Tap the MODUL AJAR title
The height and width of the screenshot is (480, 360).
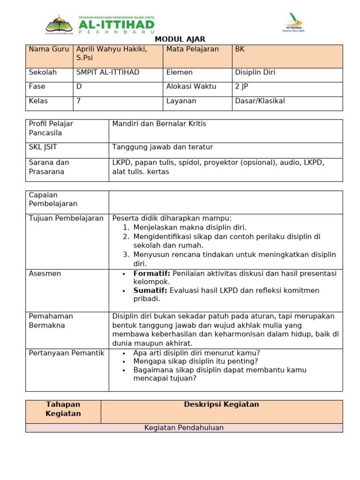coord(180,39)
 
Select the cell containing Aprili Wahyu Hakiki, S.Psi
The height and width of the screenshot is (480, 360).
coord(111,53)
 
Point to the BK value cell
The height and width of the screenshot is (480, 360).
coord(240,49)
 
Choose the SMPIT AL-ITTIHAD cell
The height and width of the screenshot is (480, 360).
coord(107,73)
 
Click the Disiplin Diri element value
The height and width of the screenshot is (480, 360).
coord(255,73)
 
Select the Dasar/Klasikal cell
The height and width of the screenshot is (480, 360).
coord(260,101)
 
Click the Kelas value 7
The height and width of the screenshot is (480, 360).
coord(78,101)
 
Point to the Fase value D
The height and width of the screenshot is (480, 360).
coord(79,87)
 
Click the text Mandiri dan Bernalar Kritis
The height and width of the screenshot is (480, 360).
coord(159,124)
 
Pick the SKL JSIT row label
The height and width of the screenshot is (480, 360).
coord(43,148)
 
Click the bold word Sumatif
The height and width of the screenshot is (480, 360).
coord(151,291)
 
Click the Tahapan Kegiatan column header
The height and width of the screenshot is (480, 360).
coord(63,409)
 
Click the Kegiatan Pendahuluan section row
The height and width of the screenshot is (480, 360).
coord(184,428)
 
